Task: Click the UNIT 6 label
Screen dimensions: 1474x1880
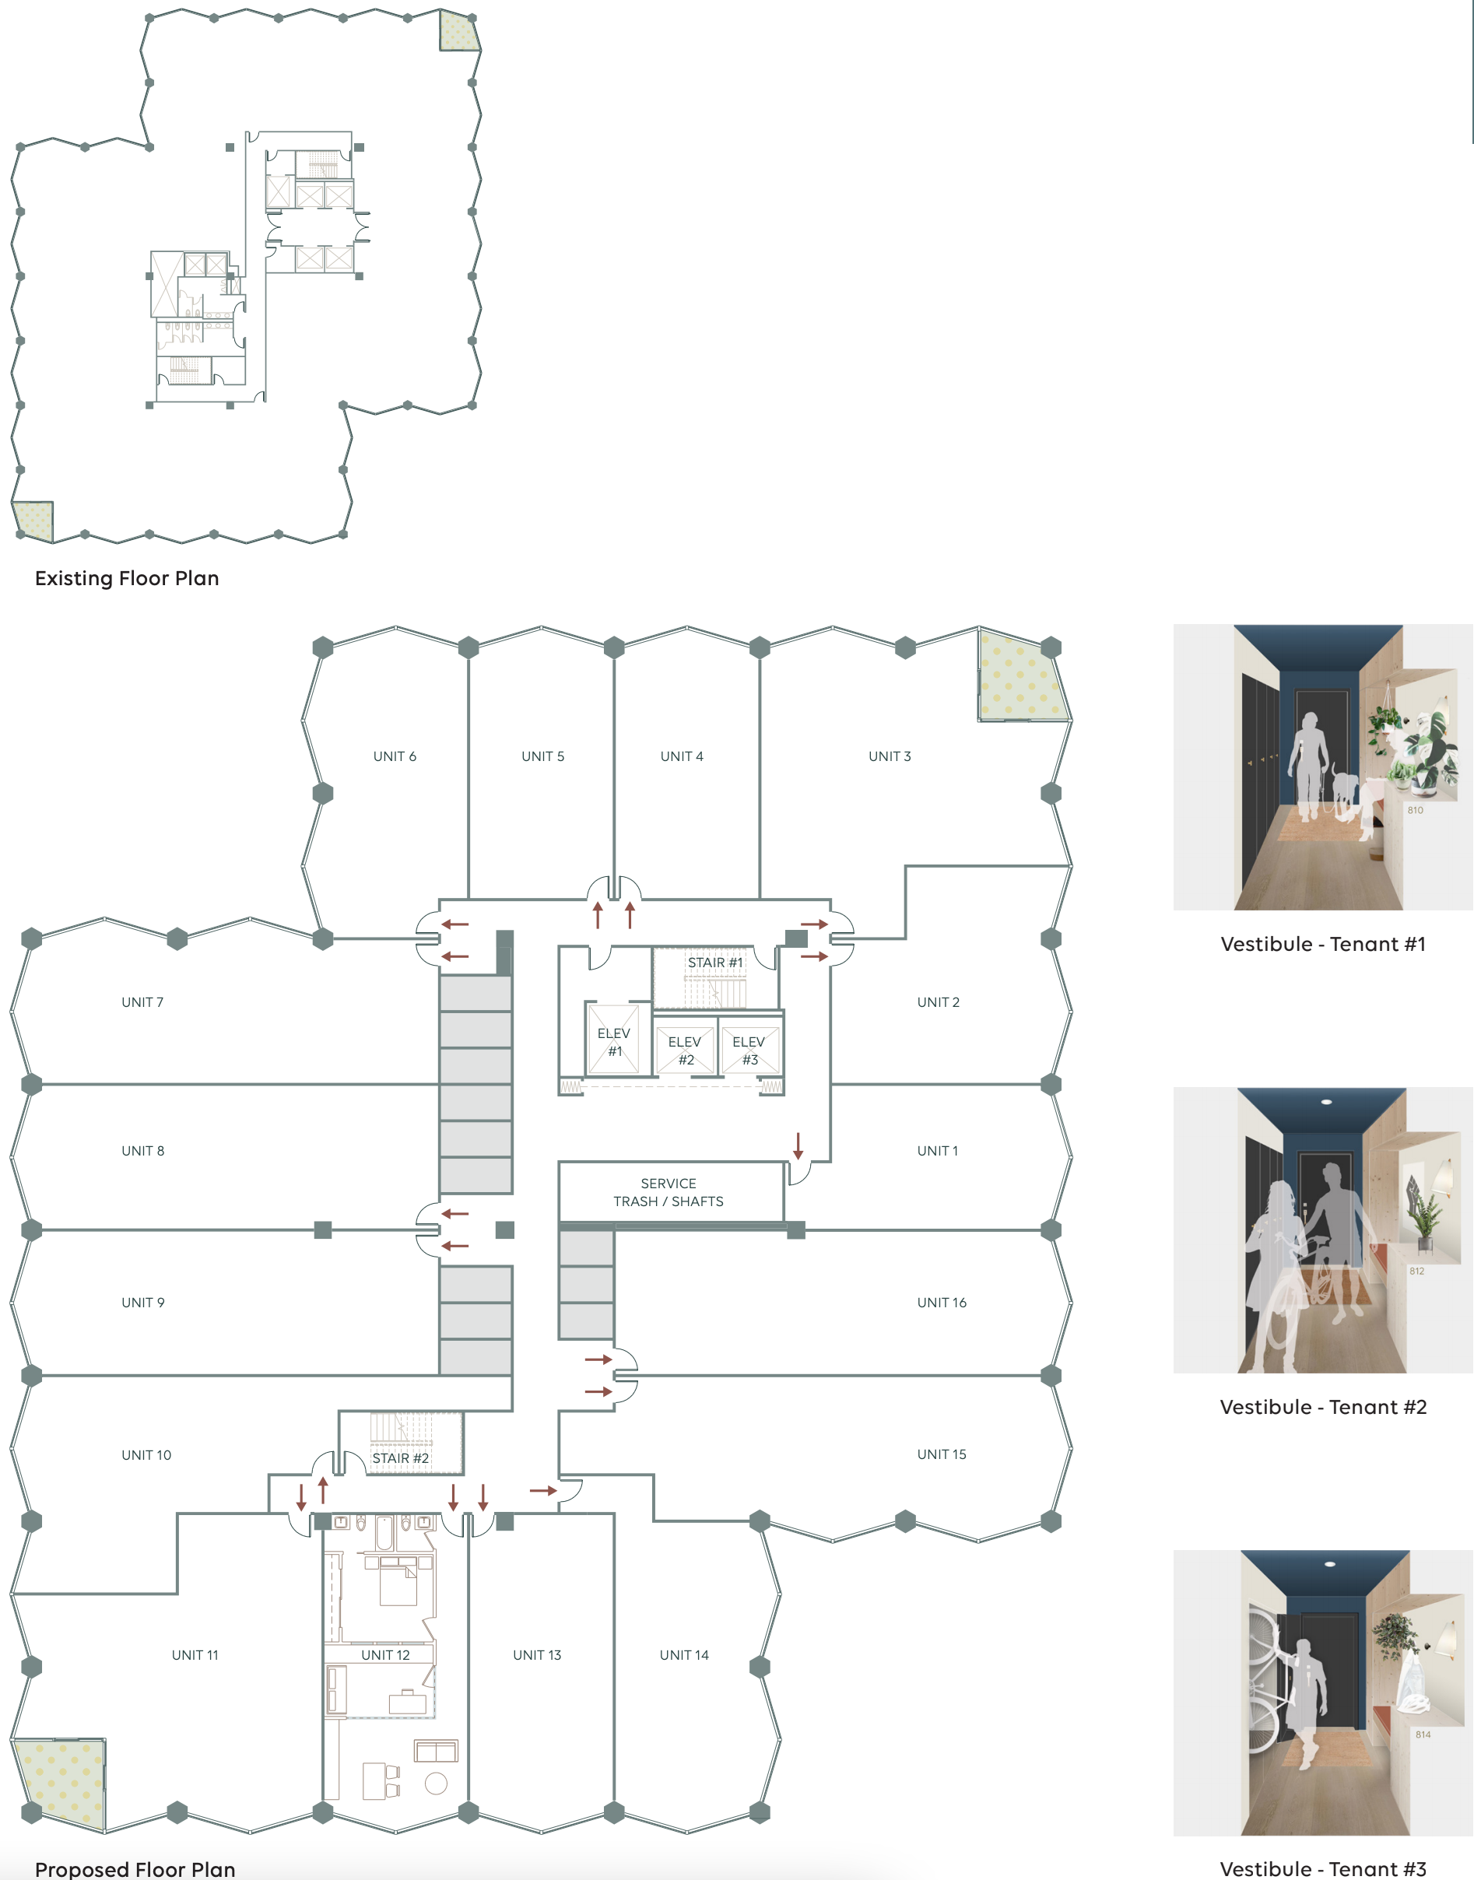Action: [x=395, y=756]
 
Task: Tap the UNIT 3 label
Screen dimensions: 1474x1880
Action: [x=890, y=756]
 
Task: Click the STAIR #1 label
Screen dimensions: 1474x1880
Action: [x=714, y=962]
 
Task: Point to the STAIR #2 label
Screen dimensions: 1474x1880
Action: [x=401, y=1458]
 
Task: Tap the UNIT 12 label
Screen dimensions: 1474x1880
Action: [x=386, y=1655]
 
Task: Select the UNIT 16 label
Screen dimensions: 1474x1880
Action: [x=942, y=1303]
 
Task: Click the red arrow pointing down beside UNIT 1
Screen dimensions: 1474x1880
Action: [x=798, y=1145]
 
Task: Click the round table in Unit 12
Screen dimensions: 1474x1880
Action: [x=436, y=1784]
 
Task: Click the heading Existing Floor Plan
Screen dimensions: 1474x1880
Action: [x=127, y=578]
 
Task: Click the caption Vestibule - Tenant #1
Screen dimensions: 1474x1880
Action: [x=1323, y=944]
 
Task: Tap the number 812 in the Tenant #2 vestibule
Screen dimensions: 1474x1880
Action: [x=1417, y=1271]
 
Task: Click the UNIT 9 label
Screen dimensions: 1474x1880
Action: [x=143, y=1303]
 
